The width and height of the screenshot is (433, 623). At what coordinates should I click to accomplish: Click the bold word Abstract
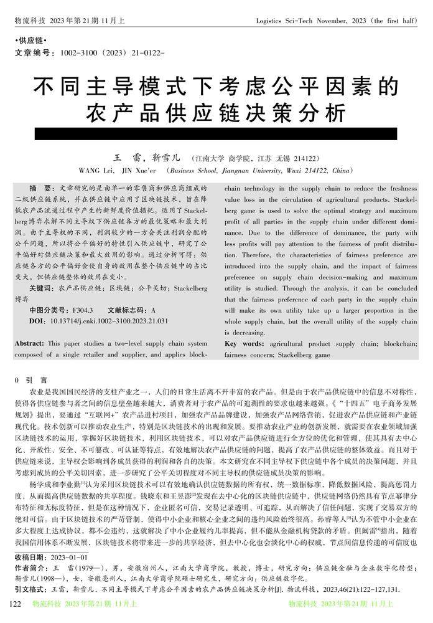(29, 343)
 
